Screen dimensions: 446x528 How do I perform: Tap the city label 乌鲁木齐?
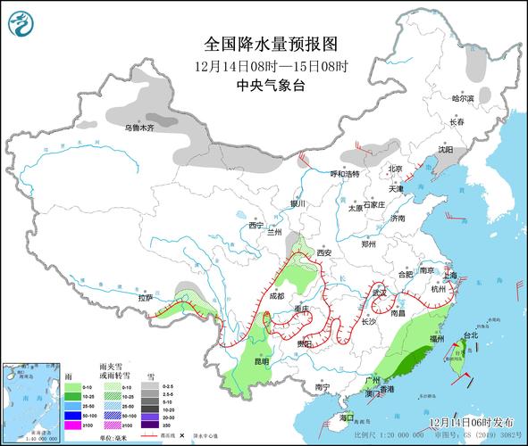coord(139,128)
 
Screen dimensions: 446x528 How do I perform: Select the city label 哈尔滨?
coord(464,98)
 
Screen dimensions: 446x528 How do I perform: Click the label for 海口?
coord(348,417)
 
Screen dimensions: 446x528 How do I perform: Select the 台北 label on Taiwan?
coord(469,336)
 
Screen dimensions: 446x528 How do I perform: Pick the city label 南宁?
coord(323,387)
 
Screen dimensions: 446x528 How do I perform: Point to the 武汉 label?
coord(381,292)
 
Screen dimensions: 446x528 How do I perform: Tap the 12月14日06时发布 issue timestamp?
coord(471,420)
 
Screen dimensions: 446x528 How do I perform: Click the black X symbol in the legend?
coord(180,436)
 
